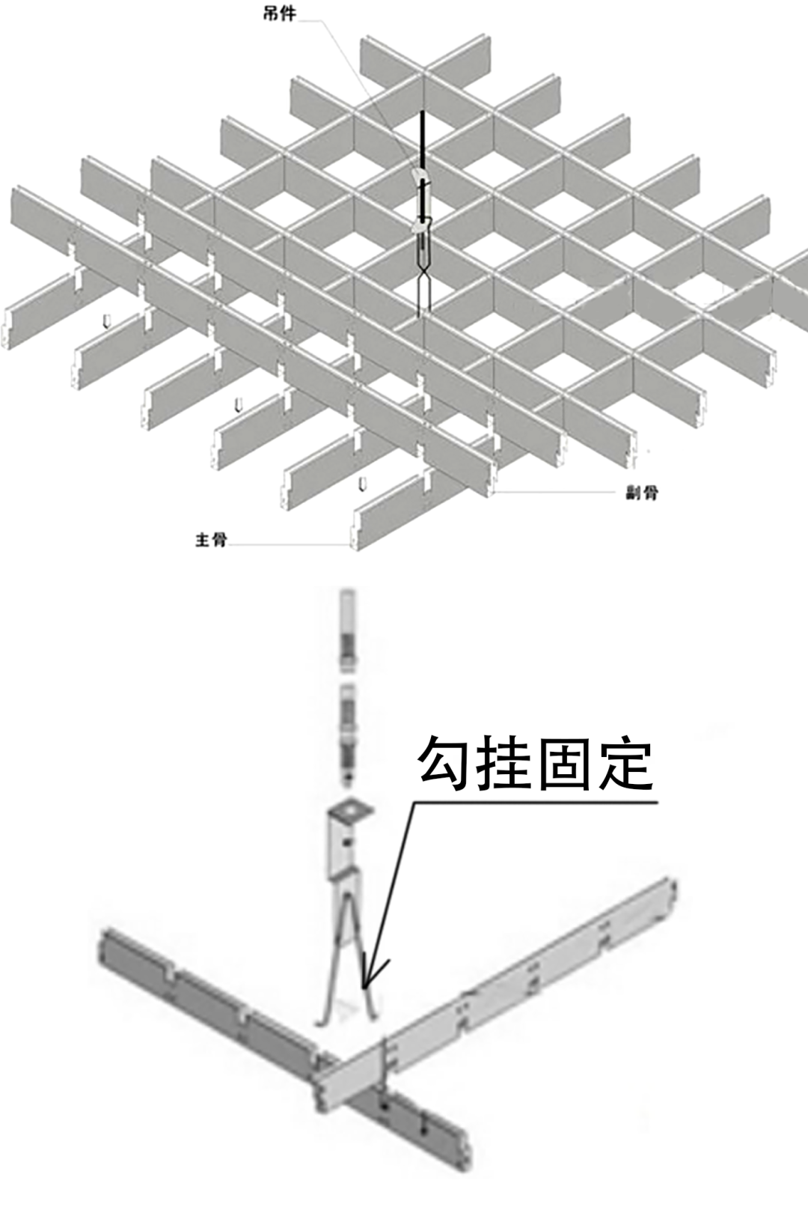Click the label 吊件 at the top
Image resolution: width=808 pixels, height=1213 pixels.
280,13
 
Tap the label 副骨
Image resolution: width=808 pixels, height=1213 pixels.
642,493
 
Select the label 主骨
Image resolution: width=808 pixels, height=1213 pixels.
211,539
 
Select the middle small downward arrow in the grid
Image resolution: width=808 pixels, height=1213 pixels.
238,405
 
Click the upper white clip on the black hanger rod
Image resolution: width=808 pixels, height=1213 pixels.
421,177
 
